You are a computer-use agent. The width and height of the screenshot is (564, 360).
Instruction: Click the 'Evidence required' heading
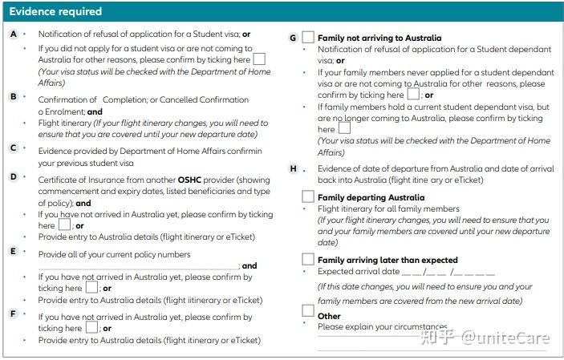coord(55,12)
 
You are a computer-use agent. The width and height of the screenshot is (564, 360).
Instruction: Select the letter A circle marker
coord(14,34)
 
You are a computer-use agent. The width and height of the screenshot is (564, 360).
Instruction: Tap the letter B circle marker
coord(14,96)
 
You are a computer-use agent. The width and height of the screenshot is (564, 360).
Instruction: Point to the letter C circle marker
coord(14,148)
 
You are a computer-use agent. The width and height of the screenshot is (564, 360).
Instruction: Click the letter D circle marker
coord(14,176)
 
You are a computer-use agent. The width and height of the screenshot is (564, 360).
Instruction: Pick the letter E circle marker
coord(14,251)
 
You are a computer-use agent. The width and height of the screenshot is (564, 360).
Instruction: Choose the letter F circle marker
coord(14,313)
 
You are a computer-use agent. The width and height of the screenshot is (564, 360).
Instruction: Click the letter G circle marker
coord(294,38)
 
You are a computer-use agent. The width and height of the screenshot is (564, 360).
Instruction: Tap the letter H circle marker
coord(294,169)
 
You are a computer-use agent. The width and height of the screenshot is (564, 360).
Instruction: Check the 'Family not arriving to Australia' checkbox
coord(308,38)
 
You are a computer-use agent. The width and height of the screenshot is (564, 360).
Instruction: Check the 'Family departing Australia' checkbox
coord(308,196)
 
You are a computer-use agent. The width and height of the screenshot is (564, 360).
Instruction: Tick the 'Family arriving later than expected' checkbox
coord(308,259)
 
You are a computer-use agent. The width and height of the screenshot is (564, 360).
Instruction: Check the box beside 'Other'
coord(308,311)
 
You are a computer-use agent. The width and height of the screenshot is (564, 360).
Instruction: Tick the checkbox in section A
coord(259,59)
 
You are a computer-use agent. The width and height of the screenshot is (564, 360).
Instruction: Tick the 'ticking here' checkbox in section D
coord(66,225)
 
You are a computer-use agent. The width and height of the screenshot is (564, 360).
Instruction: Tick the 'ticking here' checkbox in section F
coord(92,328)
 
